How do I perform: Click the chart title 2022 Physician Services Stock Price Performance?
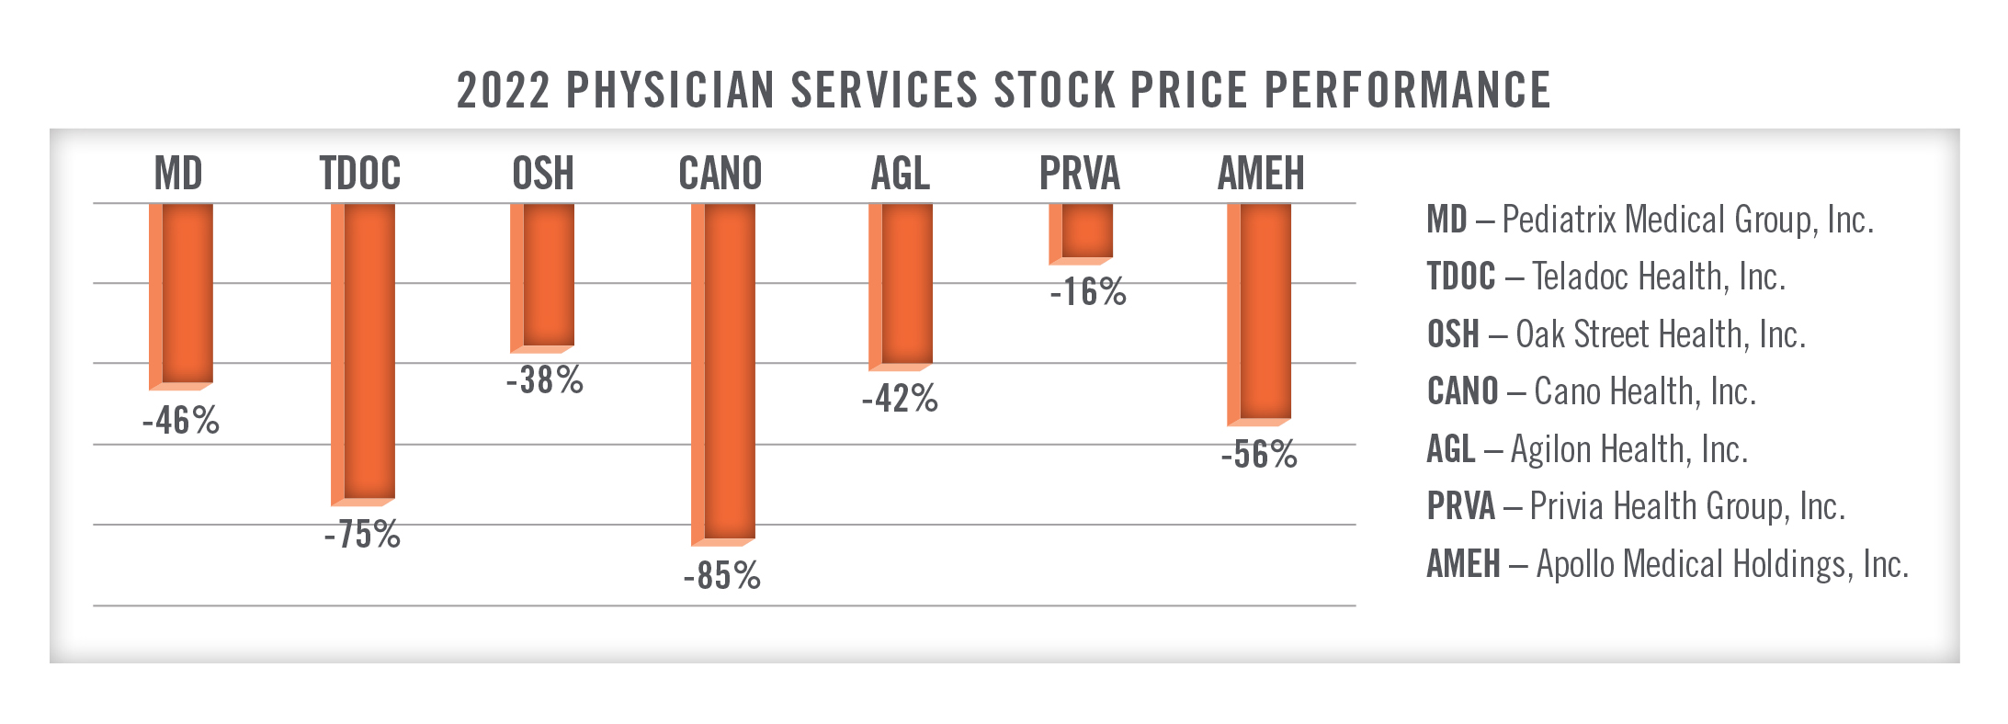pyautogui.click(x=1004, y=90)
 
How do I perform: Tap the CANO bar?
pyautogui.click(x=724, y=372)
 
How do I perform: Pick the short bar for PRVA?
pyautogui.click(x=1083, y=232)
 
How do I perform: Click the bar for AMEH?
pyautogui.click(x=1261, y=312)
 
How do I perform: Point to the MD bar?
pyautogui.click(x=182, y=294)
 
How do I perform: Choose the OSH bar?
pyautogui.click(x=543, y=276)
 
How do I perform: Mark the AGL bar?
pyautogui.click(x=902, y=285)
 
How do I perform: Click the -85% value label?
pyautogui.click(x=722, y=576)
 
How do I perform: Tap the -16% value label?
pyautogui.click(x=1088, y=292)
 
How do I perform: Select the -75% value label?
pyautogui.click(x=362, y=535)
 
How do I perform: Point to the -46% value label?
pyautogui.click(x=181, y=421)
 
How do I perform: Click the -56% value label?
pyautogui.click(x=1259, y=455)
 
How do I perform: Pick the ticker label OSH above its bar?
pyautogui.click(x=543, y=174)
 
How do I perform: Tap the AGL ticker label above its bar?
pyautogui.click(x=901, y=174)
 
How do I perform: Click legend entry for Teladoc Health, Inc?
pyautogui.click(x=1605, y=277)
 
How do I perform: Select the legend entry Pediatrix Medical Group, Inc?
pyautogui.click(x=1650, y=220)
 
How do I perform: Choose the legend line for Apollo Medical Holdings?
pyautogui.click(x=1667, y=564)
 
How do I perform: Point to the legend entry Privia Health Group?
pyautogui.click(x=1636, y=506)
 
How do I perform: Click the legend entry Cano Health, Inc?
pyautogui.click(x=1591, y=391)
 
